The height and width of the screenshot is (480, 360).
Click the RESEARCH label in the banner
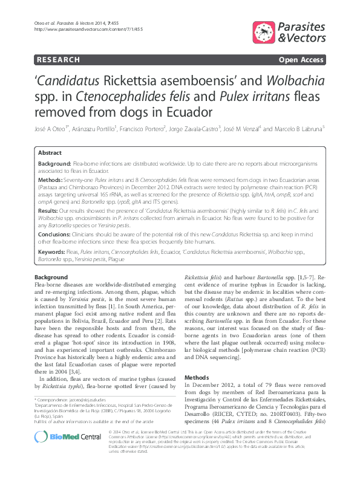58,60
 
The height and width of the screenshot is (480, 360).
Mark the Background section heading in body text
51,277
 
